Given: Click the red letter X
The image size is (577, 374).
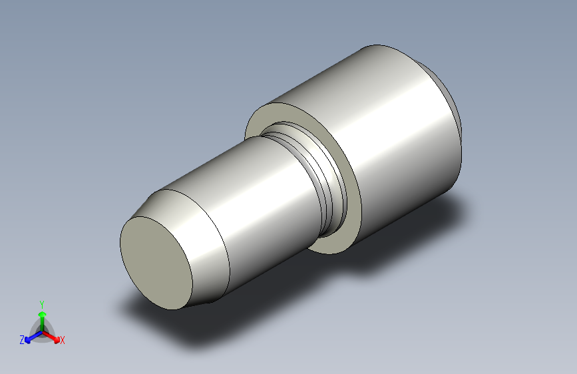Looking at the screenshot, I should [x=63, y=340].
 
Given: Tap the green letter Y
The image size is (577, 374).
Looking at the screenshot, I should [x=42, y=303].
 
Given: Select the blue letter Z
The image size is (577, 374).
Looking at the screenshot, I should [x=22, y=340].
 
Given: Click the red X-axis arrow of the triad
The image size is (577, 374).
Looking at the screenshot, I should [x=54, y=335].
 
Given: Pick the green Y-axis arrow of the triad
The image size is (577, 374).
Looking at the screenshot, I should [x=42, y=315].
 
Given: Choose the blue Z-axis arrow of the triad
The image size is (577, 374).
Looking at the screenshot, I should [x=31, y=337].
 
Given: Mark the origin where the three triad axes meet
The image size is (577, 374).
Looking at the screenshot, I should [x=42, y=331].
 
